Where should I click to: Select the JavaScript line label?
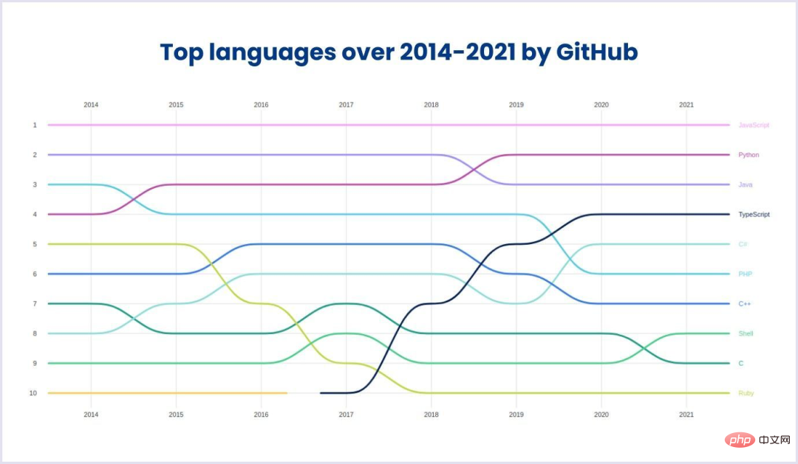[x=754, y=125]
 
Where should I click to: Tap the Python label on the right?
[x=748, y=155]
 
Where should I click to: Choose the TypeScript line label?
[x=754, y=215]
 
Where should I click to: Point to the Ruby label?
[x=746, y=393]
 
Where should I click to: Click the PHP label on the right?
[x=745, y=274]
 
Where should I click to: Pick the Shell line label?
[x=746, y=333]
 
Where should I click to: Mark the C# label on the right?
[x=743, y=244]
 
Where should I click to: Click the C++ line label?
[x=745, y=304]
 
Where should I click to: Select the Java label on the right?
[x=746, y=184]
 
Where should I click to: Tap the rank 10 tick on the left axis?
[x=33, y=393]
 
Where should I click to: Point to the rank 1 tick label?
[x=34, y=125]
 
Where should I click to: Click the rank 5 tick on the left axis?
[x=34, y=244]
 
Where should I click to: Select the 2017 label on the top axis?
[x=346, y=105]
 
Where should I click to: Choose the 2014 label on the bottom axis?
[x=91, y=415]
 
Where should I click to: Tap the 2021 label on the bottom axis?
[x=686, y=415]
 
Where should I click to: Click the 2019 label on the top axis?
[x=516, y=105]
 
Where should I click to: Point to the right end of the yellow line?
[x=287, y=393]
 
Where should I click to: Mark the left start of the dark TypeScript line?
[x=321, y=393]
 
